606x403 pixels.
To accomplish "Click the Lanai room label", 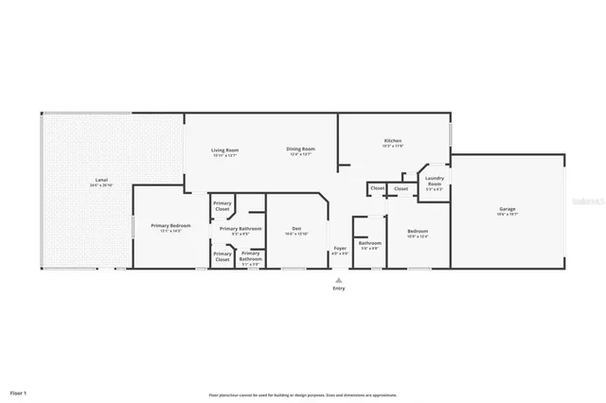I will click(100, 181).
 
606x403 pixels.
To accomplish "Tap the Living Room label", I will click(224, 149).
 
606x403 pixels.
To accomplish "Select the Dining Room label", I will click(301, 149).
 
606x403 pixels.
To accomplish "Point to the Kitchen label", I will click(393, 141).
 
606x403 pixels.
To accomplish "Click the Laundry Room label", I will click(436, 180).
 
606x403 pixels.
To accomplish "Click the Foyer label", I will click(339, 249).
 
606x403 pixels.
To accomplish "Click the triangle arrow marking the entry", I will click(339, 279).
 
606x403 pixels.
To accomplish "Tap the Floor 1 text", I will click(18, 391).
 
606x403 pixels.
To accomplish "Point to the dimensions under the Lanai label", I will click(100, 185).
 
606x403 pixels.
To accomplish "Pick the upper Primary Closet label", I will click(223, 205).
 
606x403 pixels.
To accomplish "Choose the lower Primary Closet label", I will click(223, 255).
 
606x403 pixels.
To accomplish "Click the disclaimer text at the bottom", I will click(302, 394).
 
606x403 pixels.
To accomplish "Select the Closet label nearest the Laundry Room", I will click(401, 188).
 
